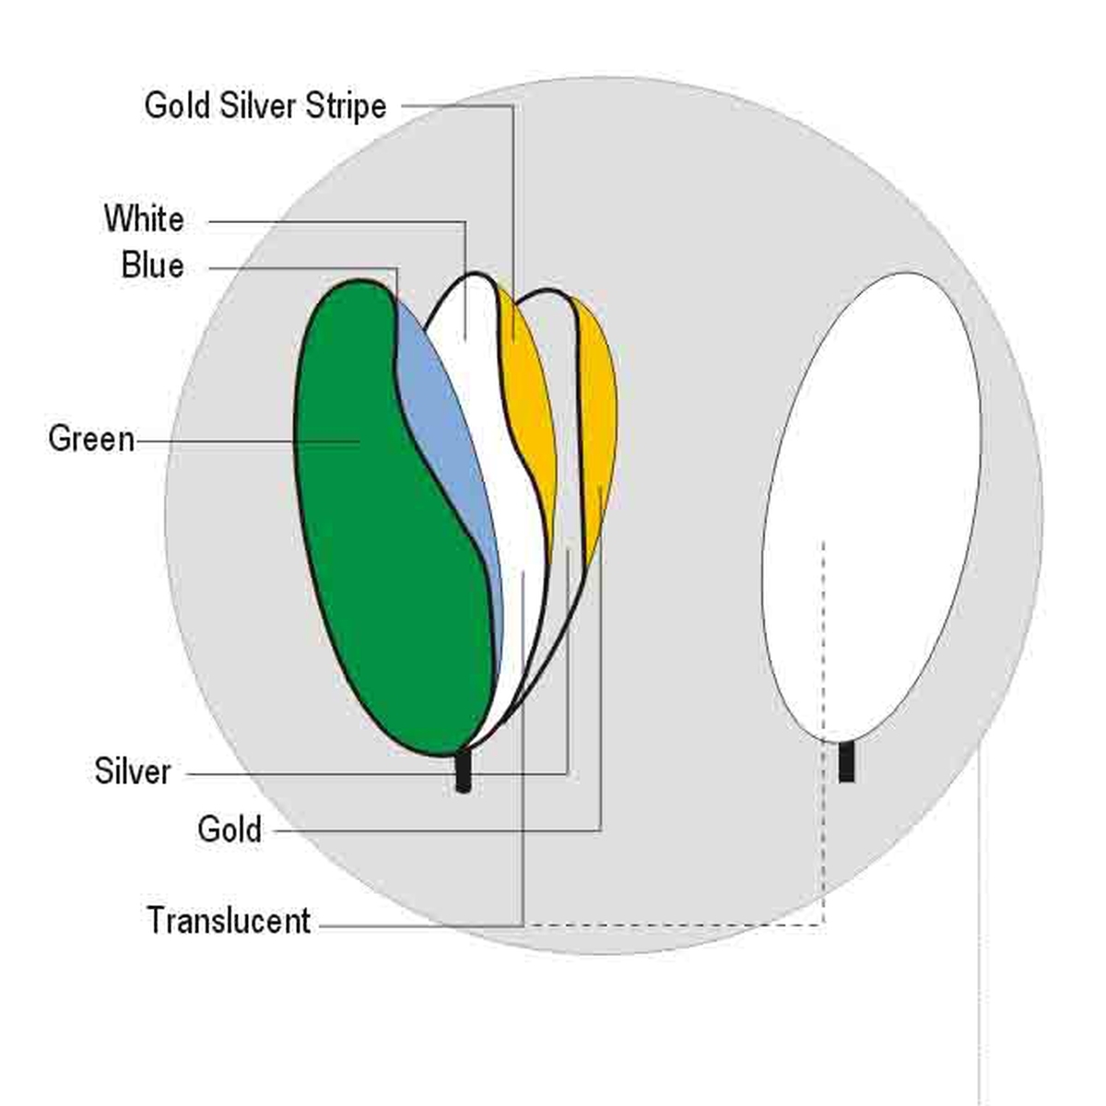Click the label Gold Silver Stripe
[265, 106]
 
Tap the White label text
[144, 219]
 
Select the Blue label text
[152, 266]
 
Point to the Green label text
[91, 439]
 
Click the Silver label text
[133, 771]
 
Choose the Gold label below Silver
[229, 829]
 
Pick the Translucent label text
[229, 921]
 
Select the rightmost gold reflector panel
[597, 415]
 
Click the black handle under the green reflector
[464, 772]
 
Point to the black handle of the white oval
[846, 762]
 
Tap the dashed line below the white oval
[823, 829]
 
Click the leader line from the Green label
[249, 441]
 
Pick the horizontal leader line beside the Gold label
[433, 830]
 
